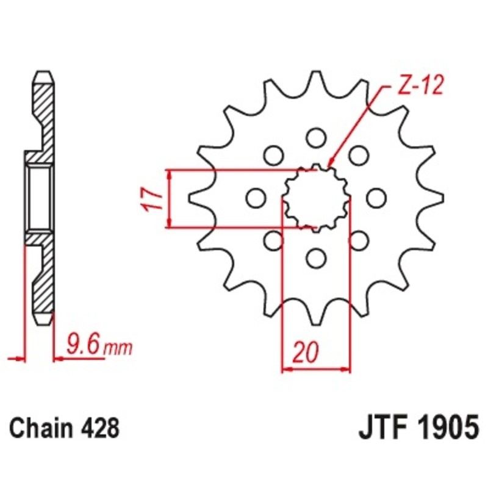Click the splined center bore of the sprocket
point(316,198)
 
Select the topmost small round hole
point(315,137)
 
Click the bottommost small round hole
point(315,258)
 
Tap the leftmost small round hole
point(255,198)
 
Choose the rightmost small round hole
point(376,198)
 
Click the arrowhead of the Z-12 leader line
point(330,166)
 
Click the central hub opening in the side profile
point(39,198)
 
